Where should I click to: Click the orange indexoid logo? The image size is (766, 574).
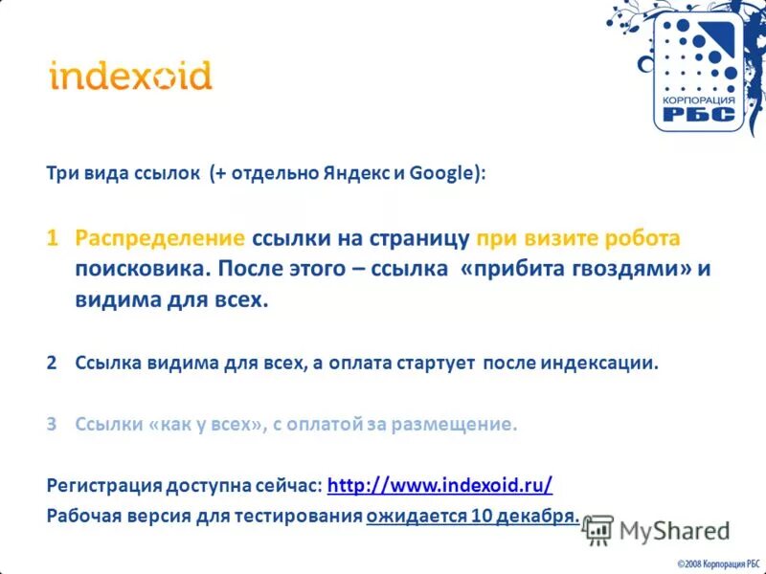tap(130, 75)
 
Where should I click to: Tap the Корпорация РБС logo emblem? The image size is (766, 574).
tap(695, 72)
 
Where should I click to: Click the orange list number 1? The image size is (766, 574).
tap(54, 237)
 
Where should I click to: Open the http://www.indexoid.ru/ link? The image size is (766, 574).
tap(439, 485)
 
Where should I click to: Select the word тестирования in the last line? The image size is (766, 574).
tap(298, 517)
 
